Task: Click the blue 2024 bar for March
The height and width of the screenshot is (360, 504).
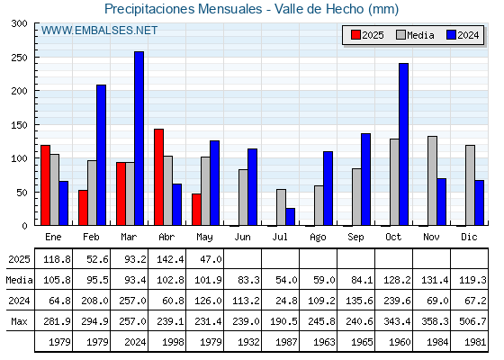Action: pos(139,139)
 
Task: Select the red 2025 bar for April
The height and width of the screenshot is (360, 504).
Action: pos(158,177)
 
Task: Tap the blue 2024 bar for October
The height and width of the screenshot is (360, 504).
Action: pos(404,144)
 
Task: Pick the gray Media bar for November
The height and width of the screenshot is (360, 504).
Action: pos(432,181)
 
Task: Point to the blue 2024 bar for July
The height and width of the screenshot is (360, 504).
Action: pos(290,217)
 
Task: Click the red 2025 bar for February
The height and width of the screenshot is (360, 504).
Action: pos(83,208)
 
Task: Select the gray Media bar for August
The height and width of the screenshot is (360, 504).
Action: pos(319,205)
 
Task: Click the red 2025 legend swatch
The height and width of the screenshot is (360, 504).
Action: pos(355,35)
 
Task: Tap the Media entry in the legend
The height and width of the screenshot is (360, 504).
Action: pos(415,35)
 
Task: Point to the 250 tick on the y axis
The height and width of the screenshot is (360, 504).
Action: pos(36,58)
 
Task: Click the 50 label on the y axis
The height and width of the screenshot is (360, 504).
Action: pos(22,193)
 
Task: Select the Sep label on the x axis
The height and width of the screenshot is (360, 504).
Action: pos(355,238)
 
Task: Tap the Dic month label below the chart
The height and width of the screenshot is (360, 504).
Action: pos(469,237)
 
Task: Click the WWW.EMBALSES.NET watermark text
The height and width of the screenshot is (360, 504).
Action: pos(99,31)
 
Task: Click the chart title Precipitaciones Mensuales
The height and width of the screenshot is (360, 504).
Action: pos(184,9)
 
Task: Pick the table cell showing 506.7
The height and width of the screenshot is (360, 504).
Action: pos(472,321)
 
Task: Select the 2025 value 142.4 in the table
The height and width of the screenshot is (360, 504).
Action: pos(170,259)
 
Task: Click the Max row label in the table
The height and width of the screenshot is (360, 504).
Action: pos(19,321)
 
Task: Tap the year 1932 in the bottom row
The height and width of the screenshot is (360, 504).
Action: pos(248,342)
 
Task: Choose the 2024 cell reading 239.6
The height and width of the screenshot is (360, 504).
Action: pos(397,301)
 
